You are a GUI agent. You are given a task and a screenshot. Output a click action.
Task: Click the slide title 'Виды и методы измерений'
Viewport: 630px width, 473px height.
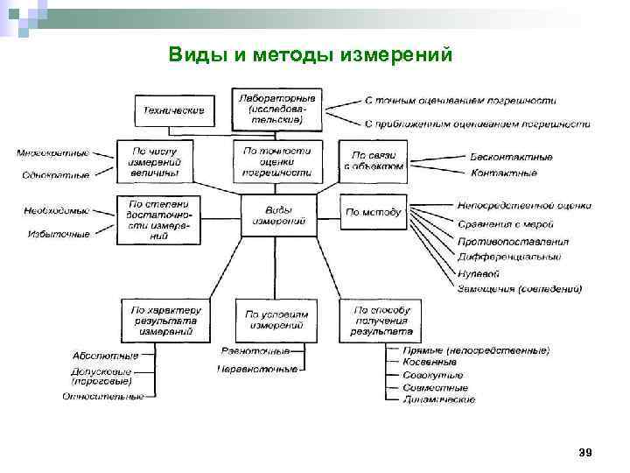[311, 55]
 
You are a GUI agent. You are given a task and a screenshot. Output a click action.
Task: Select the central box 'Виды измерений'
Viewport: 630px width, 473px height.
[279, 215]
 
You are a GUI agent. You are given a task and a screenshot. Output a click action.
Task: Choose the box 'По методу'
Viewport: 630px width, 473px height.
[373, 212]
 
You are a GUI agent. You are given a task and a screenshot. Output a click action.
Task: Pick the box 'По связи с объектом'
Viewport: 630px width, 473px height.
[373, 160]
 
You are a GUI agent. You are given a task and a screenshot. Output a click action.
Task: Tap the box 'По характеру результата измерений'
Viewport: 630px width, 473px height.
[165, 321]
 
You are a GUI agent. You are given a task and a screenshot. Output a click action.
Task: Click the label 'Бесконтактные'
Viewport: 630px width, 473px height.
[511, 158]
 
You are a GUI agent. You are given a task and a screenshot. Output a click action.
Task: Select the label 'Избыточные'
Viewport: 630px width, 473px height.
[59, 234]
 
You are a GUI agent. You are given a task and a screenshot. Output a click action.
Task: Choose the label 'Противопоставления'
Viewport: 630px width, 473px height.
[513, 242]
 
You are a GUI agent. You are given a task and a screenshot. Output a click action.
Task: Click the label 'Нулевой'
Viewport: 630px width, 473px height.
[478, 273]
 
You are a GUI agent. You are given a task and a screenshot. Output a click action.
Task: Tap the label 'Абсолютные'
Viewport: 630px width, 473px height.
[105, 356]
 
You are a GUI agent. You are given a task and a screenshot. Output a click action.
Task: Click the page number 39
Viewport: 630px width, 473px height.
[585, 452]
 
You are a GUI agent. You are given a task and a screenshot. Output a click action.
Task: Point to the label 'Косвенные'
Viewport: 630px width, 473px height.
[430, 362]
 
